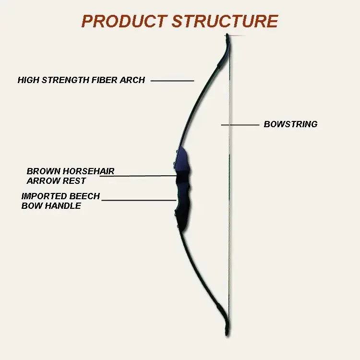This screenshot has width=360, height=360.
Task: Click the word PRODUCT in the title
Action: tap(124, 21)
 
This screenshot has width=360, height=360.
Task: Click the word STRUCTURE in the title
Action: tap(225, 21)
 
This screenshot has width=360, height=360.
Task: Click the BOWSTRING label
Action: tap(290, 124)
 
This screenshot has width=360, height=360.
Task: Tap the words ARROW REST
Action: tap(56, 181)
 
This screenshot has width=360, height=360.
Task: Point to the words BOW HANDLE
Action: tap(51, 206)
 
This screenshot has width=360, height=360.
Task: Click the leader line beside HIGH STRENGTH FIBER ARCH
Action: tap(172, 81)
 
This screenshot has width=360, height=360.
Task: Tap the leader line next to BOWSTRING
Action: tap(240, 125)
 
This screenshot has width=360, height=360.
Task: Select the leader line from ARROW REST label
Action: tap(139, 176)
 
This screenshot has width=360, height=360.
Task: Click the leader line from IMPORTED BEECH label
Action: tap(139, 200)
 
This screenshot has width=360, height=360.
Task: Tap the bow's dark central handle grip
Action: tap(182, 192)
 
